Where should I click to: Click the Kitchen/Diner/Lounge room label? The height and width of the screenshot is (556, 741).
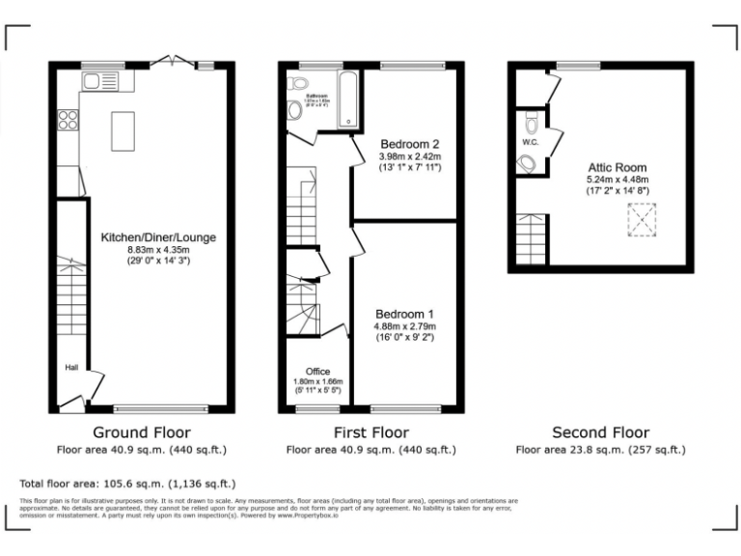pyautogui.click(x=158, y=236)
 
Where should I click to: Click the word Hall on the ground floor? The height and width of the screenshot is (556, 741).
pyautogui.click(x=71, y=368)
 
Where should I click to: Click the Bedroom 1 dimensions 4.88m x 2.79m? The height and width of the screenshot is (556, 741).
pyautogui.click(x=404, y=327)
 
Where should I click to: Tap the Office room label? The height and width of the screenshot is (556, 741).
pyautogui.click(x=317, y=372)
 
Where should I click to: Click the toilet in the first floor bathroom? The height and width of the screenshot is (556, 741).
pyautogui.click(x=295, y=112)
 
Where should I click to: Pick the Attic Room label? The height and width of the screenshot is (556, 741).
pyautogui.click(x=618, y=166)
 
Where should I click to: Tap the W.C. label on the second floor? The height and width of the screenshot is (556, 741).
pyautogui.click(x=529, y=142)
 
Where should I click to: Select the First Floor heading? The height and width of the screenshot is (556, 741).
pyautogui.click(x=370, y=432)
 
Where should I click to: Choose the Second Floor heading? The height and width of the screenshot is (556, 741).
pyautogui.click(x=600, y=432)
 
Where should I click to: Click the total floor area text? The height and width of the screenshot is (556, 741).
pyautogui.click(x=127, y=483)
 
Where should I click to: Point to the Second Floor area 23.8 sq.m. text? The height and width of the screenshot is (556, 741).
pyautogui.click(x=600, y=450)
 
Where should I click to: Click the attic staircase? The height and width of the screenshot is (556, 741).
pyautogui.click(x=532, y=241)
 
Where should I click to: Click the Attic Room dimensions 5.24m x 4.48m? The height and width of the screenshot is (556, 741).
pyautogui.click(x=618, y=180)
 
